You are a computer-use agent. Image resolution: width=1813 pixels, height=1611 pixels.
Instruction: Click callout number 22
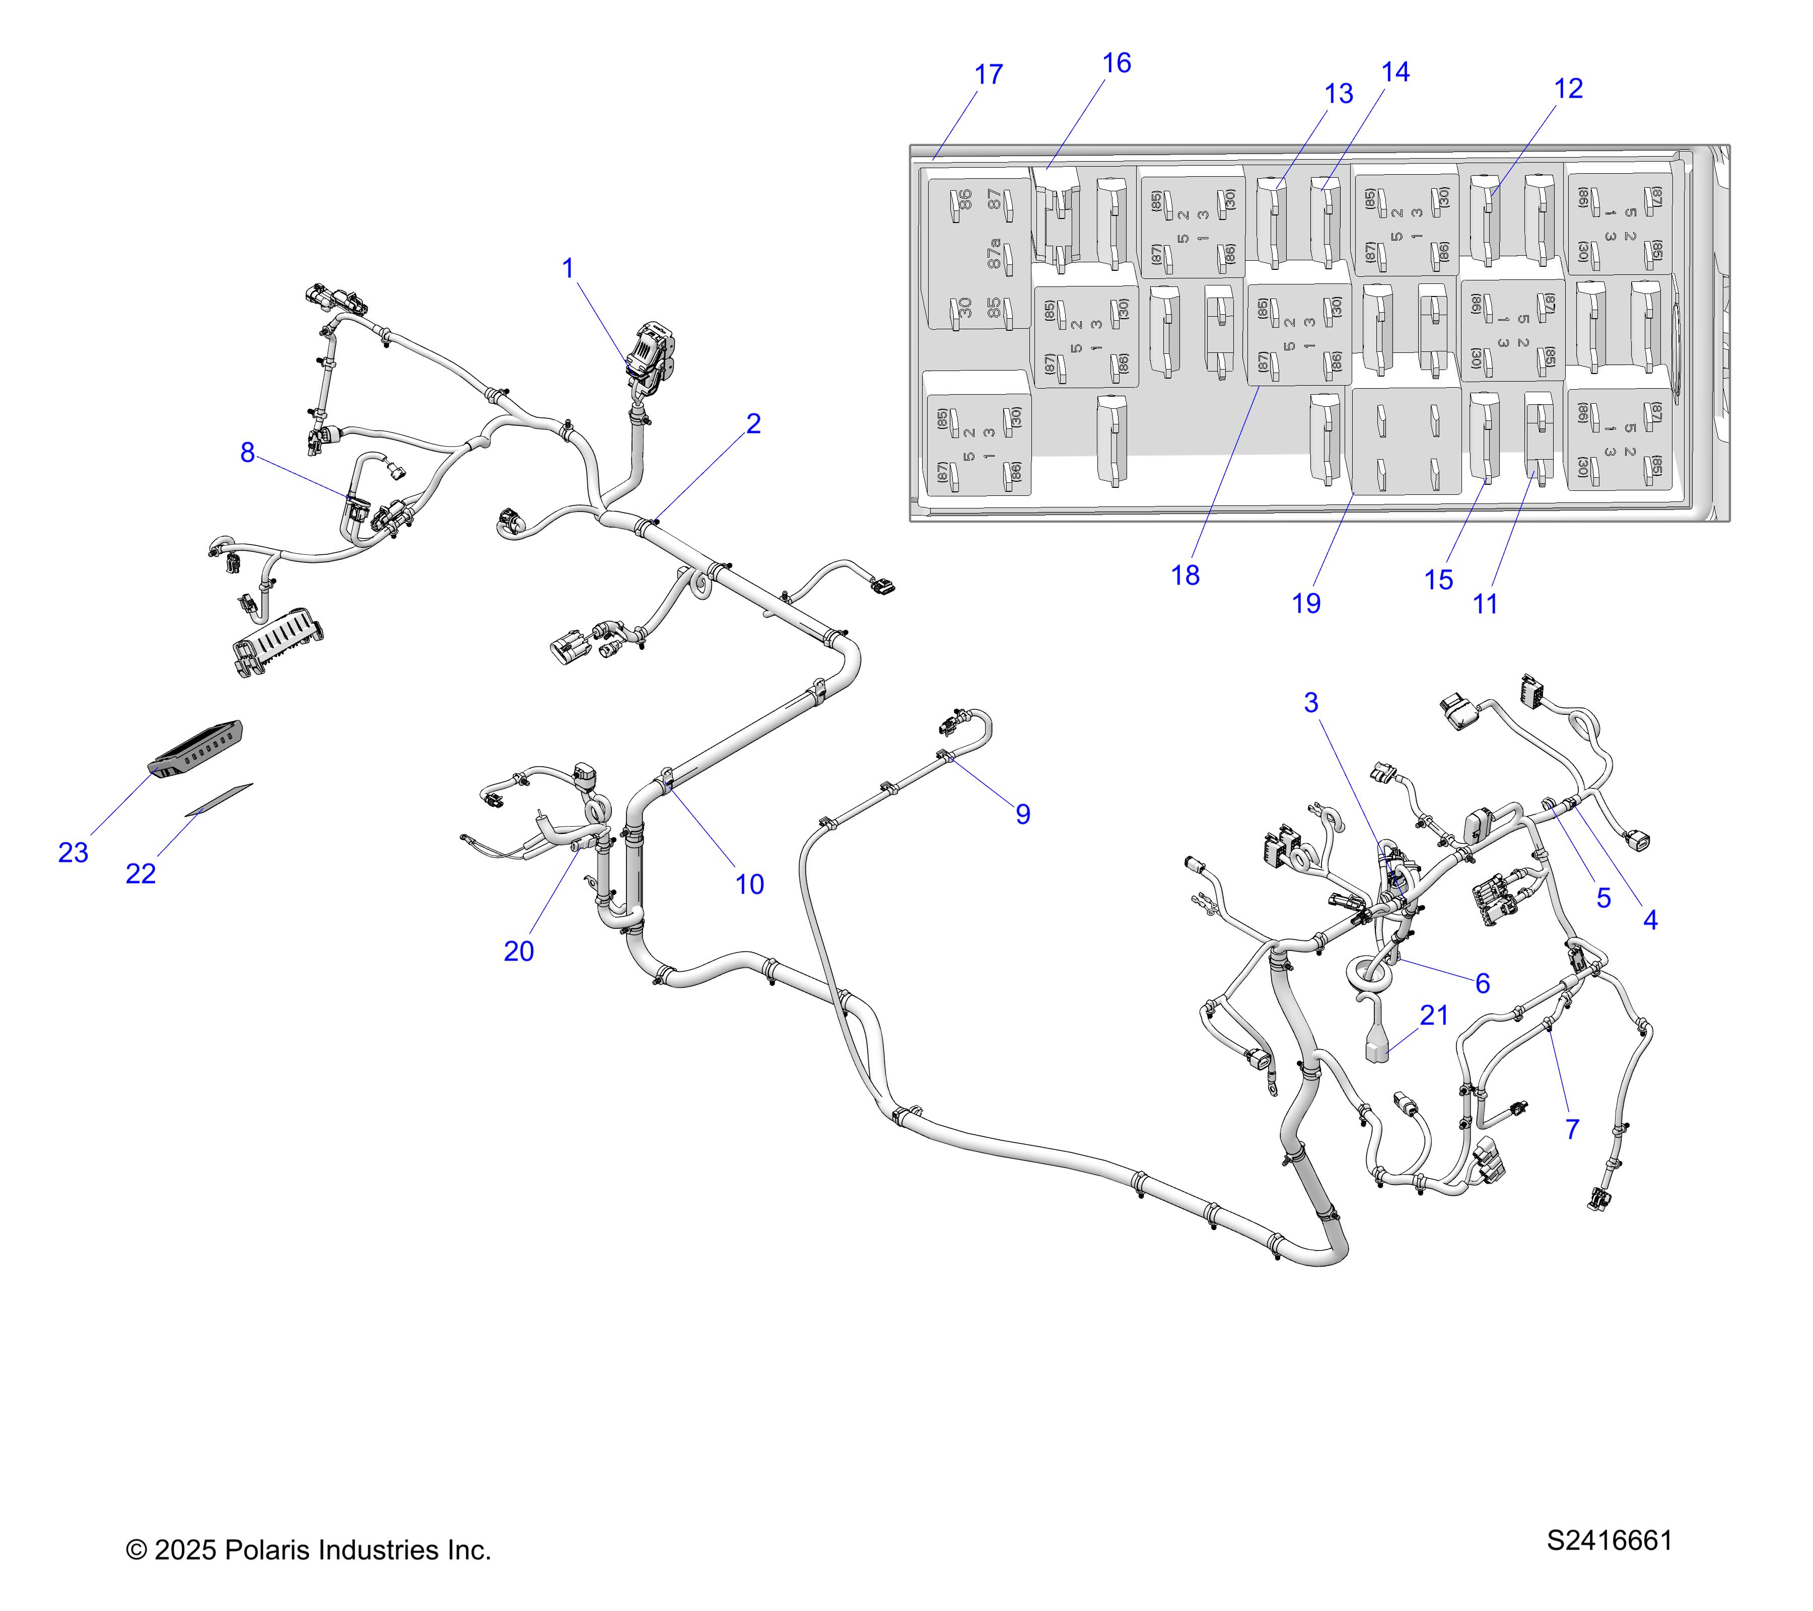[x=140, y=874]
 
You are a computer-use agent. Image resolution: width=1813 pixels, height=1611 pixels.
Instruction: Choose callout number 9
[x=1023, y=814]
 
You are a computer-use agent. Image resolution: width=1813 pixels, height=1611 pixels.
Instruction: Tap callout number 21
[x=1434, y=1015]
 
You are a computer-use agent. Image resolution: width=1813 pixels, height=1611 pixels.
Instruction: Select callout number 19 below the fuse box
[x=1306, y=604]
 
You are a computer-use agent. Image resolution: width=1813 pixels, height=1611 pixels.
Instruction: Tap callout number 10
[x=749, y=884]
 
